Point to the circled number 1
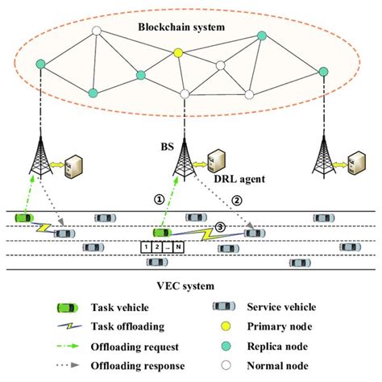click(160, 196)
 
